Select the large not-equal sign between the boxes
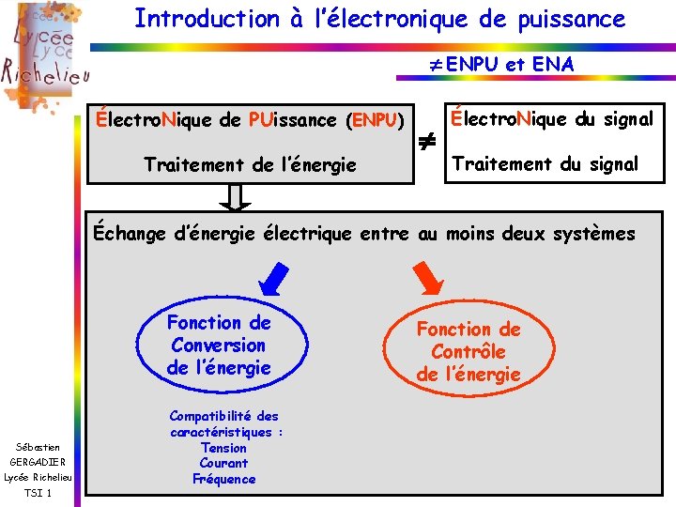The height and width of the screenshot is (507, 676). tap(426, 142)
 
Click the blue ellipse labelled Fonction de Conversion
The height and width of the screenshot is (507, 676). tap(219, 345)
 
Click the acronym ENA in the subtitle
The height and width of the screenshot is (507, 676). tap(552, 64)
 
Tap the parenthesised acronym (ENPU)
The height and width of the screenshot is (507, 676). tap(376, 120)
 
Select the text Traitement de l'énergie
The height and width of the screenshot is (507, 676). tap(250, 165)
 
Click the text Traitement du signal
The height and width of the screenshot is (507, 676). tap(545, 164)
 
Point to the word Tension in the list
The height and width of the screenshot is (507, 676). tap(223, 448)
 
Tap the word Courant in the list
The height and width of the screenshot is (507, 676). tap(223, 463)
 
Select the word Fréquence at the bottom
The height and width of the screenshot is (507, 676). tap(223, 479)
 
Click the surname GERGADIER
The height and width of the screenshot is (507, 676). tap(38, 462)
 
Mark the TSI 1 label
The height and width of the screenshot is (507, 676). tap(38, 494)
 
